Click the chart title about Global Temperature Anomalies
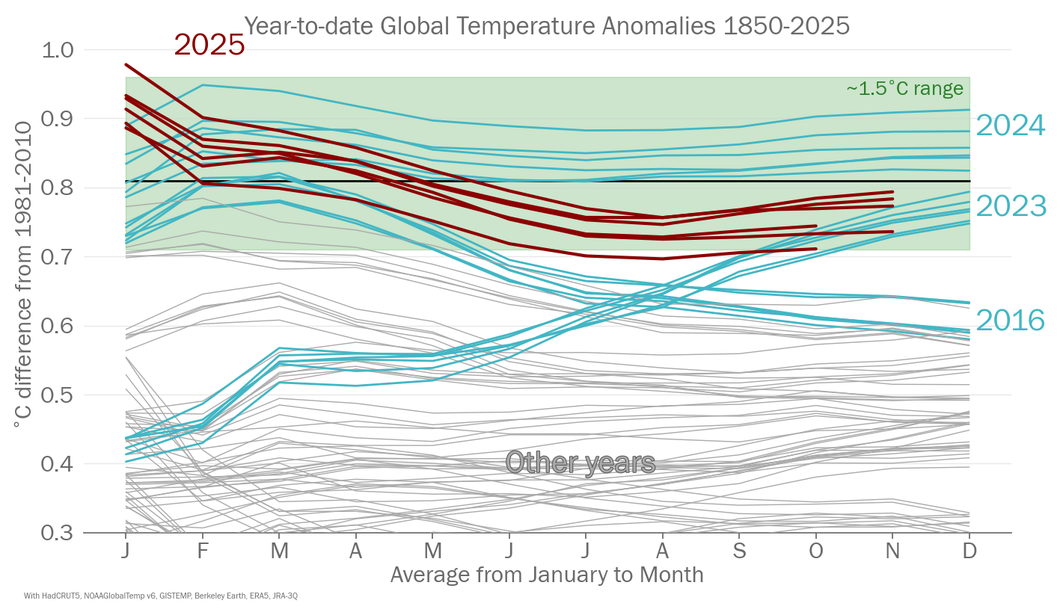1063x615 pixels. [547, 26]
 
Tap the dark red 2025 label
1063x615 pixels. [209, 46]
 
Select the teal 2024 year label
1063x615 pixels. [1011, 126]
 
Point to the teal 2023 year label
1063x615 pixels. [1011, 205]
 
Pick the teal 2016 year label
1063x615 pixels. [1011, 321]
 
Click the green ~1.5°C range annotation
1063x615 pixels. [904, 89]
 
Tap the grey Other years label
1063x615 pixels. [580, 463]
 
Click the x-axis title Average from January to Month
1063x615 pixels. [547, 575]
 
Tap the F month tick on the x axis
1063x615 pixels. [202, 551]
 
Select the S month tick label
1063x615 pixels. [739, 551]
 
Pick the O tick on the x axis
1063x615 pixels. [816, 551]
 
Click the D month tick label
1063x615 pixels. [969, 551]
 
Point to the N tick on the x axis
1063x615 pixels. [892, 551]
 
